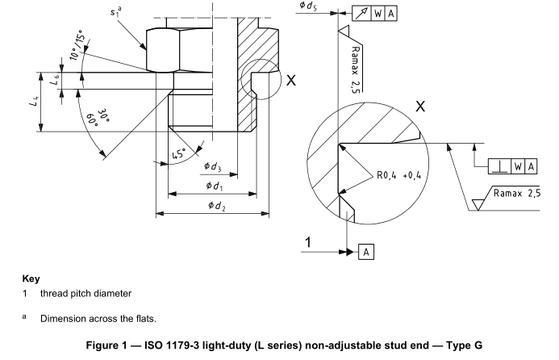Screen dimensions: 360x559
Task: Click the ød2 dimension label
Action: [217, 206]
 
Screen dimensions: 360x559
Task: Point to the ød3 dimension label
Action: [213, 167]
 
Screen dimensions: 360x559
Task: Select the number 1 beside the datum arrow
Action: [308, 241]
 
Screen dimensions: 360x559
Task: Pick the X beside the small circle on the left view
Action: [291, 81]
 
